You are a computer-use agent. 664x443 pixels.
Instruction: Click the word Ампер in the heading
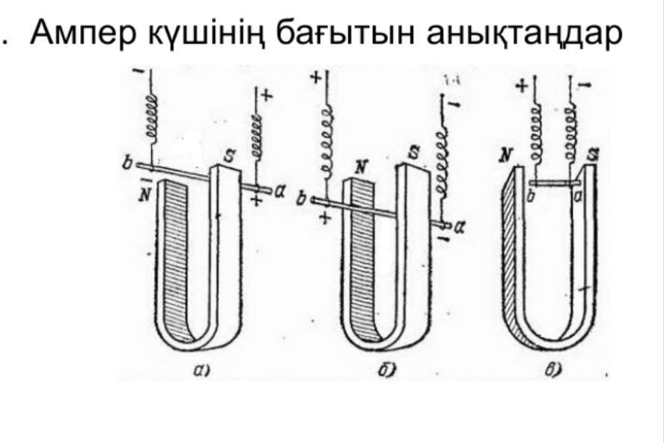click(x=82, y=34)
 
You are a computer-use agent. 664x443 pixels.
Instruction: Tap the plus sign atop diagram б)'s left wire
click(x=315, y=77)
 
